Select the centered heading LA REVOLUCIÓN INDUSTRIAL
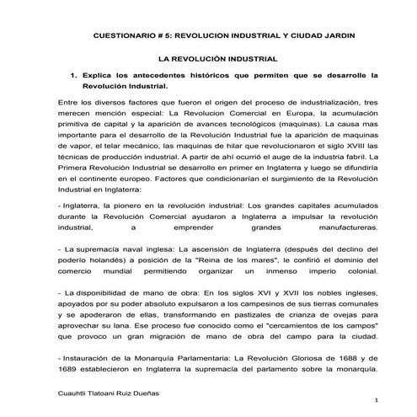point(218,60)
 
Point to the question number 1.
point(73,75)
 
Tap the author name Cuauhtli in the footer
point(70,393)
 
